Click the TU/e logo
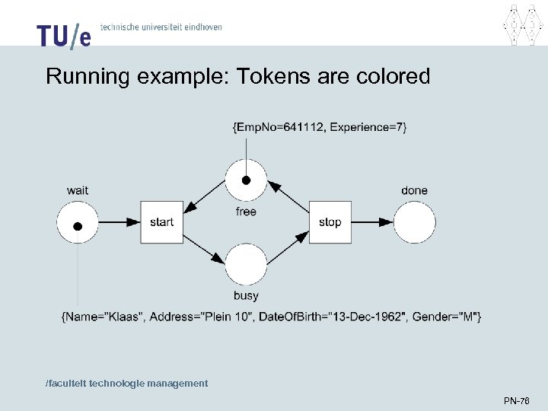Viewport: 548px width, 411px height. pos(63,34)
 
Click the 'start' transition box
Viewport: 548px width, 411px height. pos(161,222)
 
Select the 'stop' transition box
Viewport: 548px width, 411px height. pos(330,222)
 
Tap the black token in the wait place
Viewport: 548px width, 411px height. pos(78,226)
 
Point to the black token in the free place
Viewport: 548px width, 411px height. pos(246,181)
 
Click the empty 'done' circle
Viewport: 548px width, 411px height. pos(415,222)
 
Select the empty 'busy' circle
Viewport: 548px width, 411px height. pos(246,264)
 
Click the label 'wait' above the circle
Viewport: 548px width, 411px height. pos(78,190)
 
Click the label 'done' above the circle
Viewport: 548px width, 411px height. pos(415,190)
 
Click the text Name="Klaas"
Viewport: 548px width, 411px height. pos(104,316)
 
